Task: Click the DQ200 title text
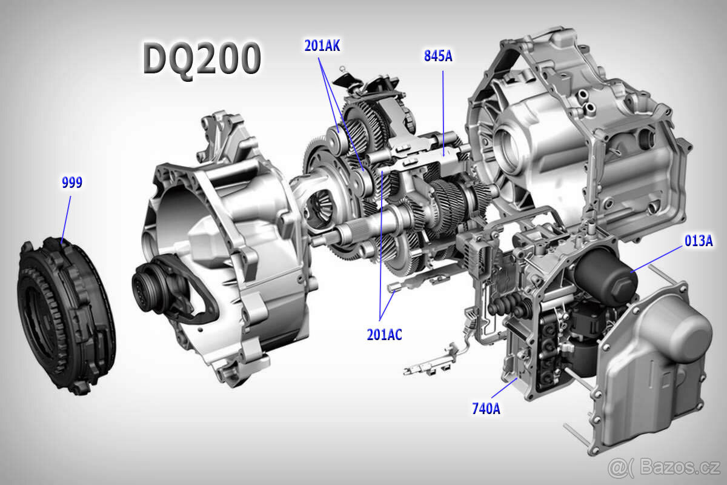click(202, 59)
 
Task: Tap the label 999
click(72, 183)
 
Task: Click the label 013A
click(698, 241)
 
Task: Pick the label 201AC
click(384, 334)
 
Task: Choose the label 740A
click(486, 409)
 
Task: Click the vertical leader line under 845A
click(443, 109)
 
